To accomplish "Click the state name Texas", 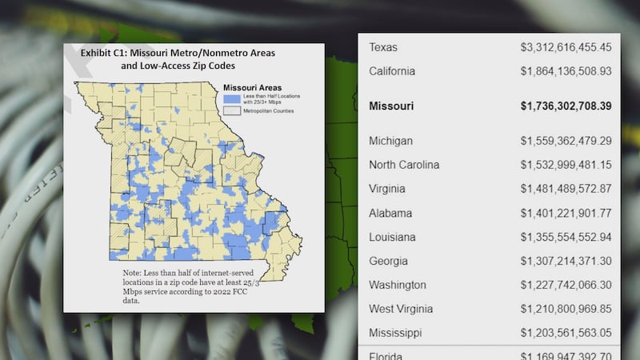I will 382,47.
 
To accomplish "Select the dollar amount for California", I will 566,71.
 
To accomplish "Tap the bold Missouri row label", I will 391,106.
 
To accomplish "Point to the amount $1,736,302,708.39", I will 566,106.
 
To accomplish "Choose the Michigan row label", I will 390,141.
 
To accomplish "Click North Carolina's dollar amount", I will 566,165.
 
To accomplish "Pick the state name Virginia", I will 387,189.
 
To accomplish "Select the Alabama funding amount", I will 566,213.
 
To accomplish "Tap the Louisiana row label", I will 392,237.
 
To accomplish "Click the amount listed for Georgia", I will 566,261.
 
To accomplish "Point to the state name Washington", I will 398,285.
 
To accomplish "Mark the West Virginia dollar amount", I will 566,309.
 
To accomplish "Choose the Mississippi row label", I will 395,332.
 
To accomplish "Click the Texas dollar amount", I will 566,47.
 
